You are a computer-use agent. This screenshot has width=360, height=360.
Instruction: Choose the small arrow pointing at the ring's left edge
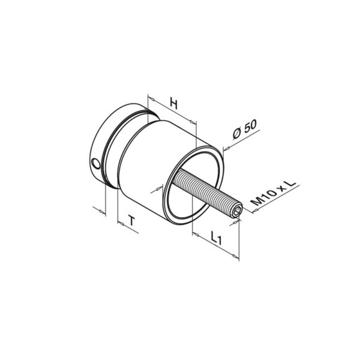coord(158,188)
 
